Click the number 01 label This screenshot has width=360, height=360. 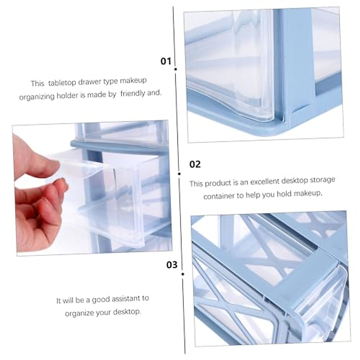(166, 61)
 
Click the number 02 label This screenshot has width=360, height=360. (195, 164)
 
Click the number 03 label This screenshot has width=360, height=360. (172, 265)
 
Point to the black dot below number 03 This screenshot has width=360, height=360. (183, 274)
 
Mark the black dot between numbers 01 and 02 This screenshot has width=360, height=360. (179, 173)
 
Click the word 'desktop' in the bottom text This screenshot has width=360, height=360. (127, 312)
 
